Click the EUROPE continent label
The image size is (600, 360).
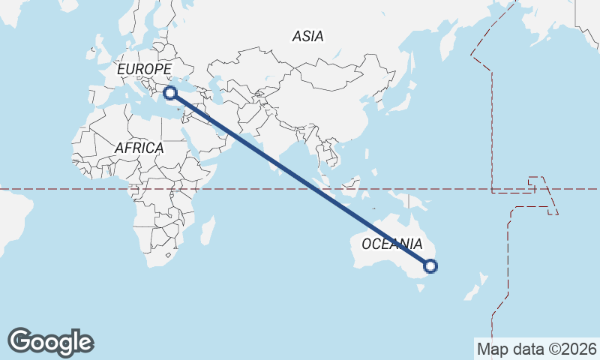tap(145, 70)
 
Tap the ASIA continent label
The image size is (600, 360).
tap(307, 36)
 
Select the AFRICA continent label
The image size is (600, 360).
tap(139, 148)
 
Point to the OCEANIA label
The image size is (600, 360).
tap(391, 244)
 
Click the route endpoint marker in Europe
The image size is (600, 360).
tap(170, 93)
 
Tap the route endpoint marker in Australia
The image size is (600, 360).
tap(430, 265)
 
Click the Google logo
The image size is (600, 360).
tap(50, 342)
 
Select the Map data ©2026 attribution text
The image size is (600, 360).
tap(537, 349)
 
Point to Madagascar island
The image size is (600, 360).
tap(208, 230)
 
